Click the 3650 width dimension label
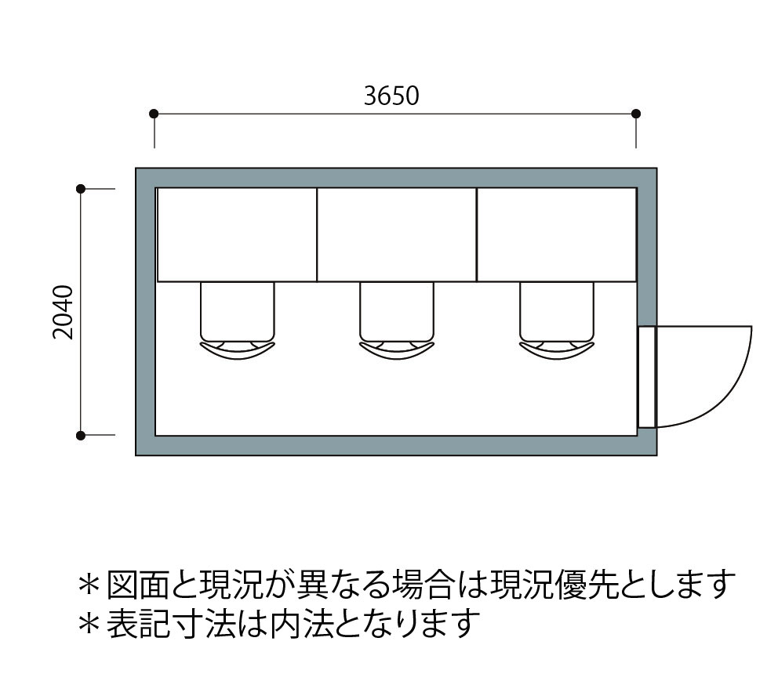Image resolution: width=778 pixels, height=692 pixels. [391, 96]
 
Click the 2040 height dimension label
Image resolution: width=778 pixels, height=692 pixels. [63, 311]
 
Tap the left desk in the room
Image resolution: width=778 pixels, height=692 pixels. [237, 234]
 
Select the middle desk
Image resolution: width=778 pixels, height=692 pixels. [397, 234]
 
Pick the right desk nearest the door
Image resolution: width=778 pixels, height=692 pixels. [556, 234]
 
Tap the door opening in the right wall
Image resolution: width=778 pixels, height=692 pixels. [646, 377]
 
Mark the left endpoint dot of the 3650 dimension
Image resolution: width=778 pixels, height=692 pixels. [154, 114]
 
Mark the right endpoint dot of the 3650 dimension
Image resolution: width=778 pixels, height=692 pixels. [636, 114]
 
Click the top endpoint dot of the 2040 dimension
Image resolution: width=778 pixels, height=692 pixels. [80, 189]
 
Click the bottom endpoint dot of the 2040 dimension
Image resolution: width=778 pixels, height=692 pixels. [80, 434]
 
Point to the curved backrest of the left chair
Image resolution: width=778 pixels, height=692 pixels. [238, 350]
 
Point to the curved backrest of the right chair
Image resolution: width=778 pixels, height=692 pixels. [556, 350]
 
